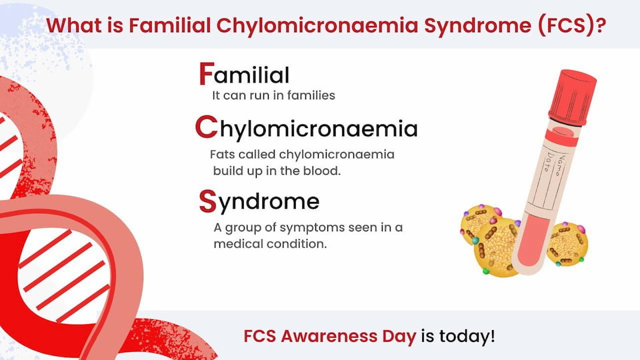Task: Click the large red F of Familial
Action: [207, 73]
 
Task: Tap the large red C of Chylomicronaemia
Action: [206, 127]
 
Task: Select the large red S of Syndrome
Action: [207, 201]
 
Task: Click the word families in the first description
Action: [311, 95]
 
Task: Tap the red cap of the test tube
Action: [572, 97]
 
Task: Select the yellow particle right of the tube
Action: [567, 244]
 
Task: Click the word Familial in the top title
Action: [169, 25]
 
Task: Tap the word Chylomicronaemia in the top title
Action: [317, 26]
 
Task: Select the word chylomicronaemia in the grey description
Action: [337, 155]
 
